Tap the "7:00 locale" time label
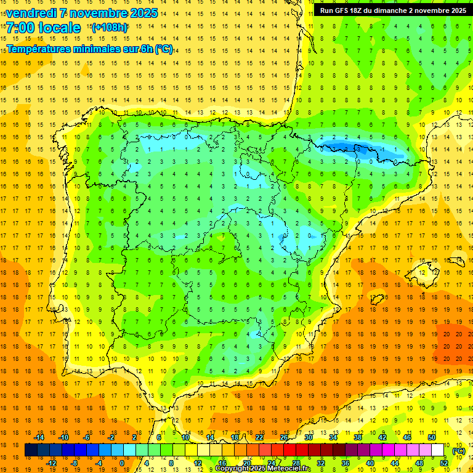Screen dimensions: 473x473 pyautogui.click(x=43, y=28)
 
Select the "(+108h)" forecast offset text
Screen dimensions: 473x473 pyautogui.click(x=110, y=28)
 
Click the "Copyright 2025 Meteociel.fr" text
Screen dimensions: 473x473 pyautogui.click(x=262, y=469)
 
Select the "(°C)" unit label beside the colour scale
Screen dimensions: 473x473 pyautogui.click(x=458, y=451)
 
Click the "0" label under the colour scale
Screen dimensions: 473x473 pyautogui.click(x=121, y=463)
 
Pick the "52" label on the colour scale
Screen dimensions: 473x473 pyautogui.click(x=443, y=463)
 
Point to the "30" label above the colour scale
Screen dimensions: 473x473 pyautogui.click(x=308, y=437)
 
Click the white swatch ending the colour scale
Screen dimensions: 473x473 pyautogui.click(x=437, y=450)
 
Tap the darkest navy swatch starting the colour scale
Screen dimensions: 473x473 pyautogui.click(x=31, y=450)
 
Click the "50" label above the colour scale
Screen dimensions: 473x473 pyautogui.click(x=431, y=437)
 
